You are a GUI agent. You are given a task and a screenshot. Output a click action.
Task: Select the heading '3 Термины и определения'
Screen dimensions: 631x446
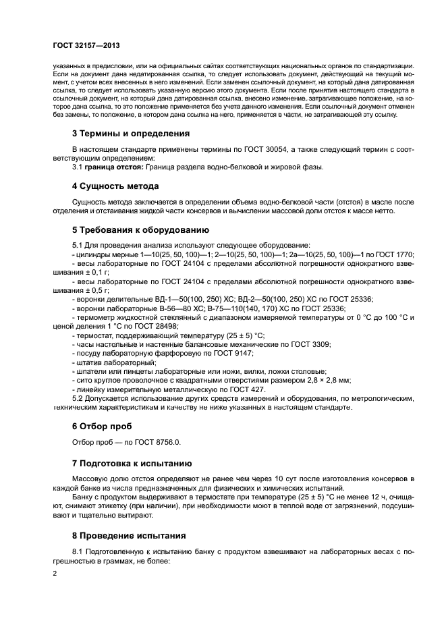[130, 134]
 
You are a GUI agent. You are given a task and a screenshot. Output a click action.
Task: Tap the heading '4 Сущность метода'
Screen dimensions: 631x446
[115, 186]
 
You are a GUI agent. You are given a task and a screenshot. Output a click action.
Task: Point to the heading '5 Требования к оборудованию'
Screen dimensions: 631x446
[138, 228]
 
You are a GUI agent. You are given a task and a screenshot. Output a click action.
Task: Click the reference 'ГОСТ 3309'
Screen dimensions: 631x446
[310, 344]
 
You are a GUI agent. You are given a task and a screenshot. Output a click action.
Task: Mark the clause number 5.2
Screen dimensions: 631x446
[80, 399]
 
